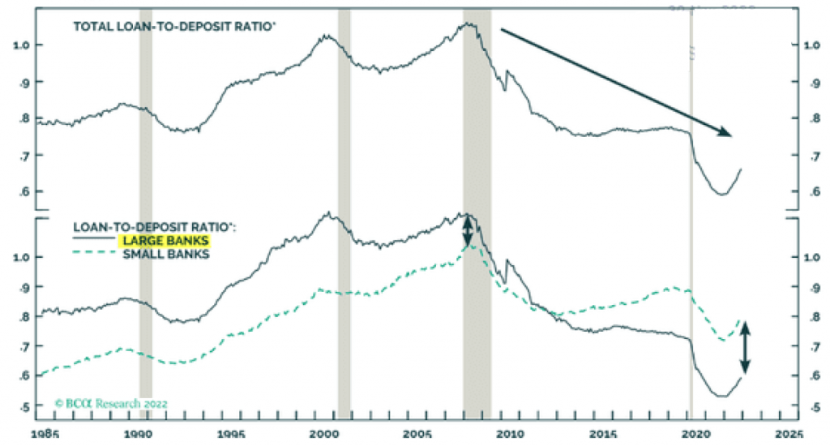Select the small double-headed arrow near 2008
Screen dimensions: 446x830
pyautogui.click(x=467, y=231)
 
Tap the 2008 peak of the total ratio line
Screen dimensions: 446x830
pyautogui.click(x=468, y=24)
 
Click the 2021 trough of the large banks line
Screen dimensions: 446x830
pyautogui.click(x=719, y=396)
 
